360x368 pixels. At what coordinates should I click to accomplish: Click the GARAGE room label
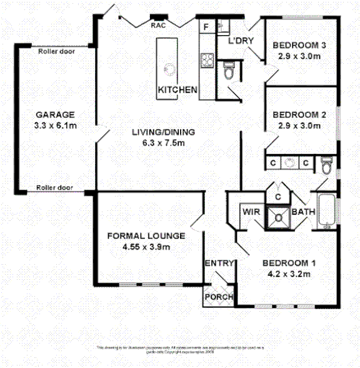(x=55, y=115)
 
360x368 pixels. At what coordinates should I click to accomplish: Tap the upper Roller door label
(x=56, y=52)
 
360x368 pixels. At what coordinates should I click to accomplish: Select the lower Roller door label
(x=54, y=187)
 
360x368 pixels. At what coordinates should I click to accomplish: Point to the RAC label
(x=157, y=26)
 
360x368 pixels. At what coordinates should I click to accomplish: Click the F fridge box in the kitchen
(x=206, y=27)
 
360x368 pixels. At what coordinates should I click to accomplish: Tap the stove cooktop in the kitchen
(x=207, y=60)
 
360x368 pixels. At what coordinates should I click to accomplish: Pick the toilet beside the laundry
(x=228, y=71)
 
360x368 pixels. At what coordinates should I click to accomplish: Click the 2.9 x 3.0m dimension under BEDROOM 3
(x=299, y=55)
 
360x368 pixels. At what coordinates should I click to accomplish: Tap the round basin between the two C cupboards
(x=289, y=163)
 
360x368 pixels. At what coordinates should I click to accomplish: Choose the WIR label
(x=251, y=213)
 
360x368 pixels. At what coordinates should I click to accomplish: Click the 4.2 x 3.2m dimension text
(x=289, y=273)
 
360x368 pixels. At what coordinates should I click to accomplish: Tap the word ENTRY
(x=219, y=263)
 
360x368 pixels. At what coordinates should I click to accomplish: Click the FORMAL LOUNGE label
(x=146, y=236)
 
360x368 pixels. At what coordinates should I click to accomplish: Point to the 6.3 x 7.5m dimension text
(x=164, y=143)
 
